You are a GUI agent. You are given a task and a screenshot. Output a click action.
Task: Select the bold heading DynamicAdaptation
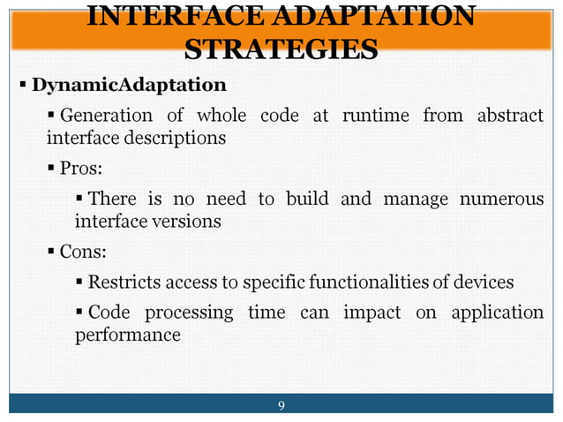[129, 86]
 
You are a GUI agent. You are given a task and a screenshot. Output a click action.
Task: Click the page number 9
[281, 406]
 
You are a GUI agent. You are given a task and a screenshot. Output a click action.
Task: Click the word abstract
[510, 116]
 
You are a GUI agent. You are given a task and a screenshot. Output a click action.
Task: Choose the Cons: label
[83, 252]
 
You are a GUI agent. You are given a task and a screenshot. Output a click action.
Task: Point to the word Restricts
[124, 283]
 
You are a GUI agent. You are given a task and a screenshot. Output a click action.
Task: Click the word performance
[127, 335]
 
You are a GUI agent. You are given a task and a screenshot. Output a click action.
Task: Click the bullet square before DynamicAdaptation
[24, 87]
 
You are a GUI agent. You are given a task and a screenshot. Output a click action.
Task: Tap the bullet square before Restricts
[79, 283]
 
